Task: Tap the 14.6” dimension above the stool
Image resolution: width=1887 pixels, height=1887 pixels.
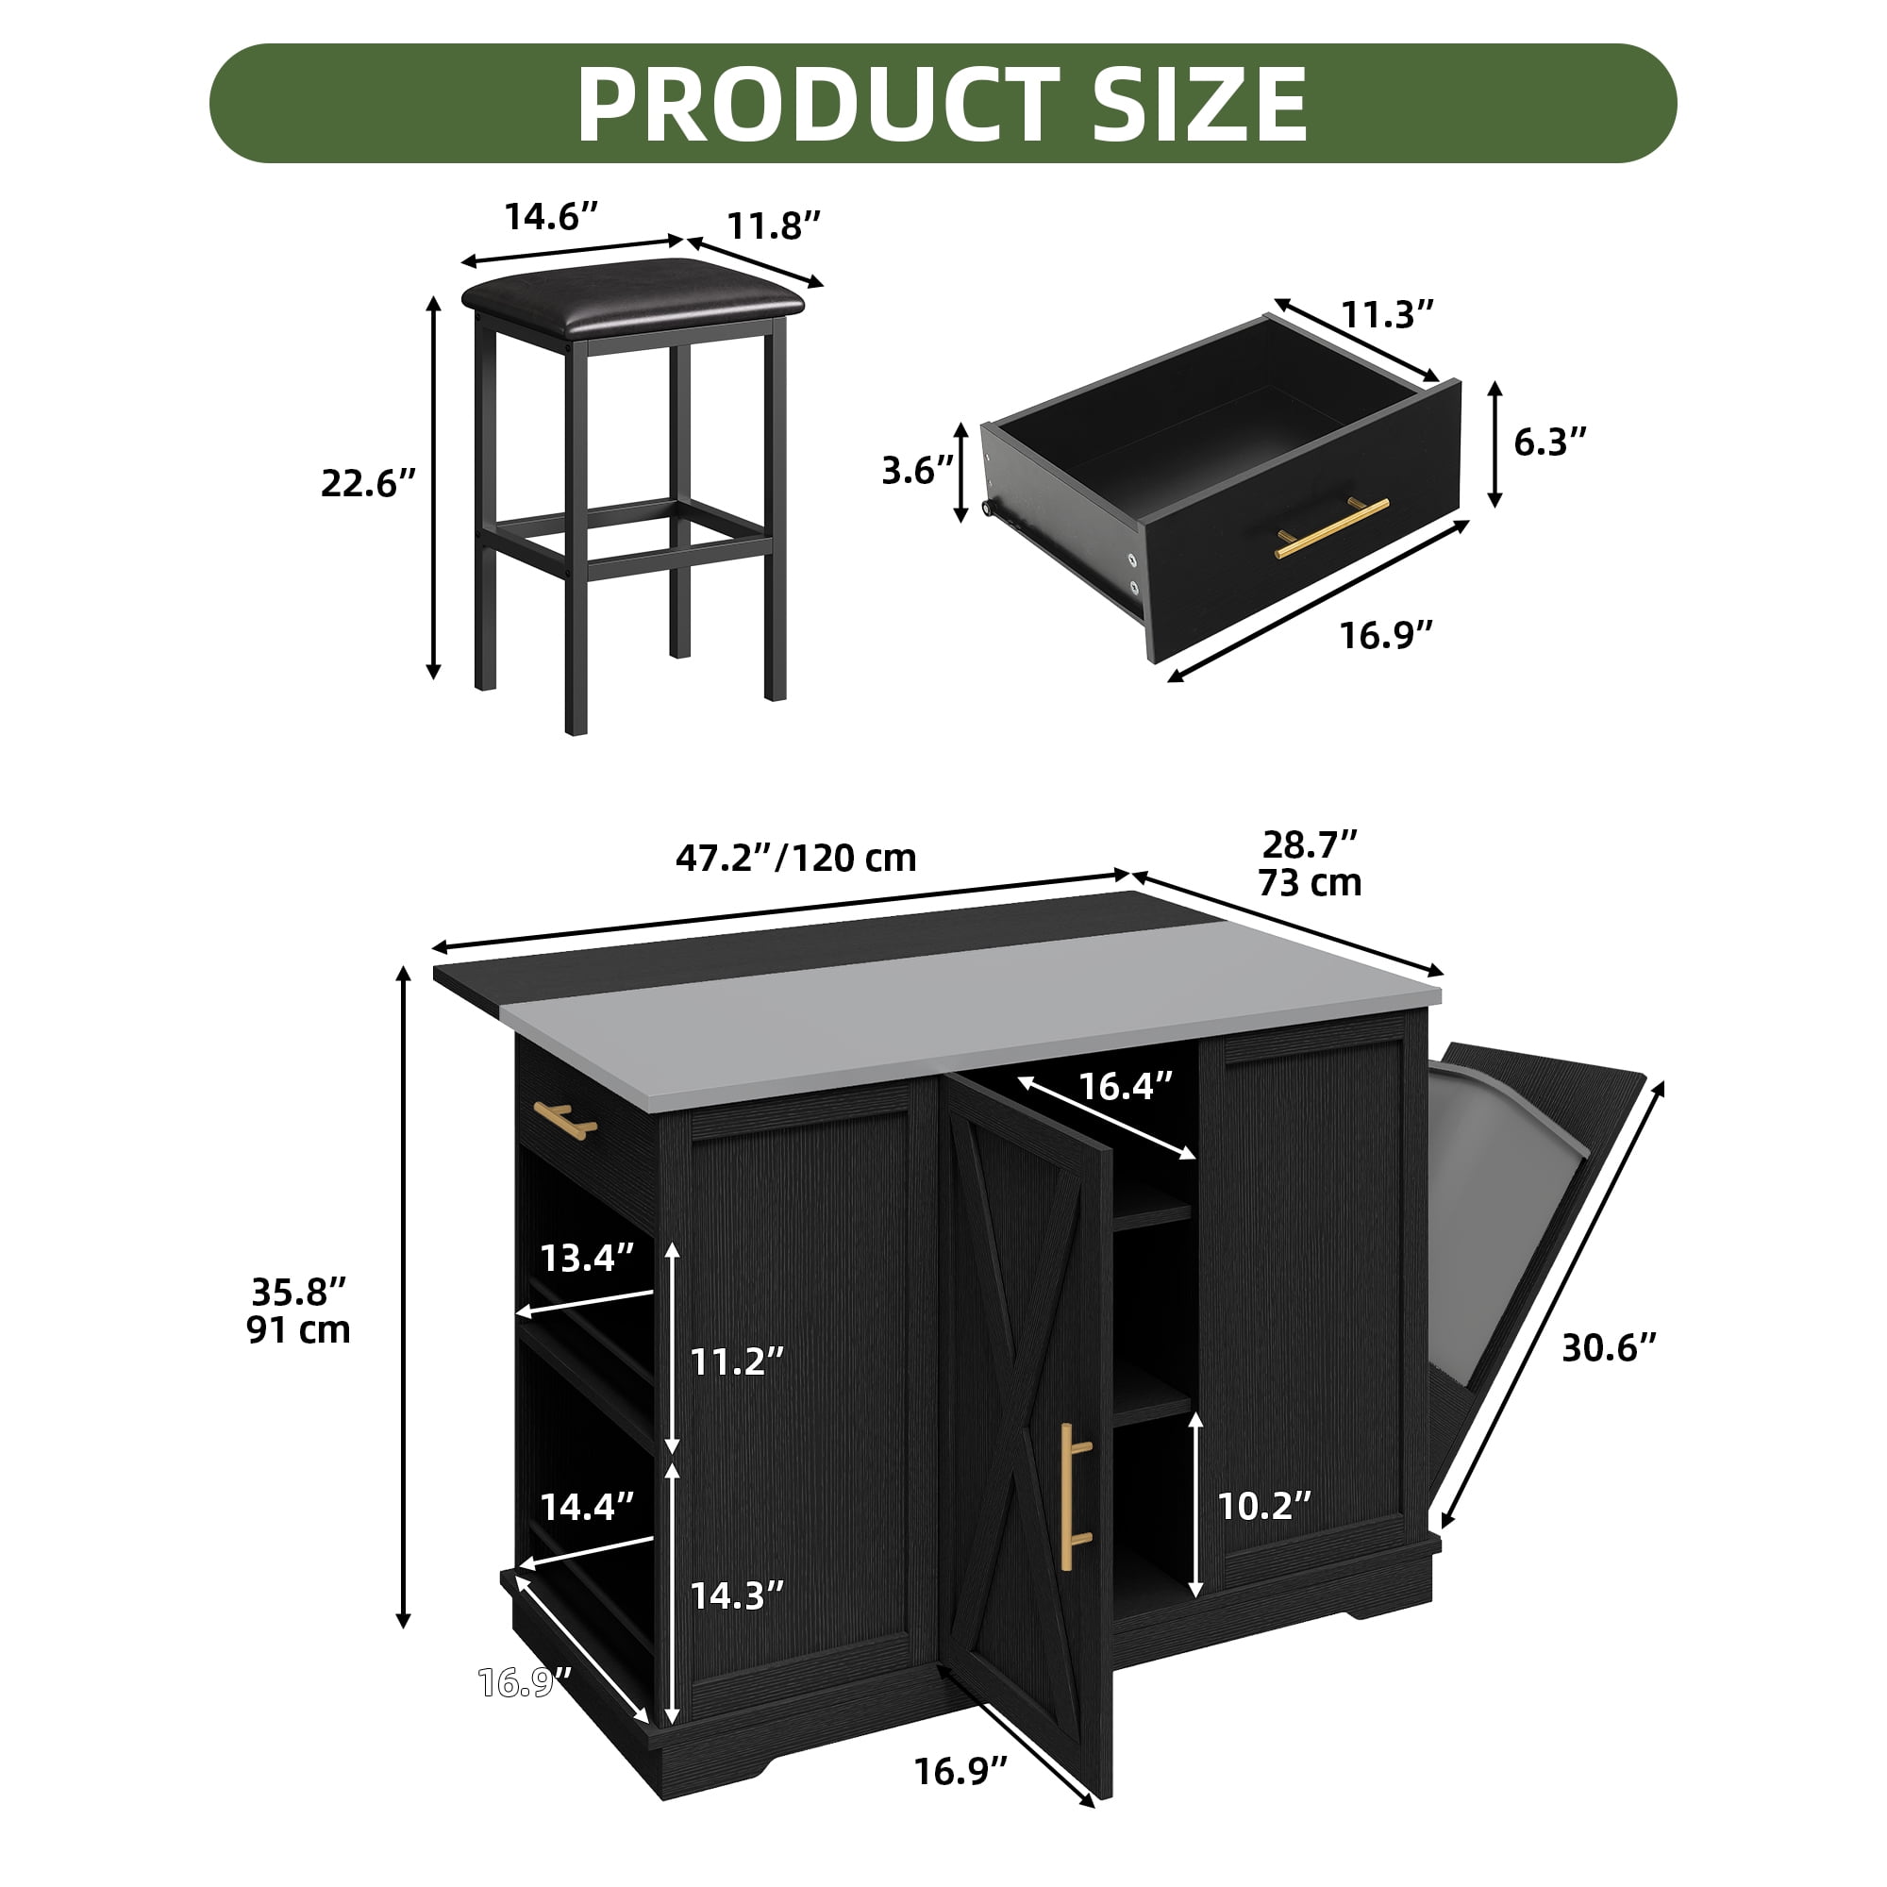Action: pos(550,216)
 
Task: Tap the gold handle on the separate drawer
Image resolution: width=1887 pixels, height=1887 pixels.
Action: pos(1331,527)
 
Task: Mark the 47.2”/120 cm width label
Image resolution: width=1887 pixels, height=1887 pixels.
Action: pos(796,858)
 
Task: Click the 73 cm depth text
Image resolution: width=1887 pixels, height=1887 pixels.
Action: pos(1310,882)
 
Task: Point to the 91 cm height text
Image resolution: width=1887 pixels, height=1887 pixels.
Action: pos(298,1329)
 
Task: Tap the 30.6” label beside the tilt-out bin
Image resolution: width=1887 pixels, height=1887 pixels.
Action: pos(1610,1348)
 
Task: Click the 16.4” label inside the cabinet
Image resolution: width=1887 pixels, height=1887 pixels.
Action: pos(1125,1085)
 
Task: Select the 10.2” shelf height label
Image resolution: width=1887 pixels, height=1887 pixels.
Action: pos(1264,1505)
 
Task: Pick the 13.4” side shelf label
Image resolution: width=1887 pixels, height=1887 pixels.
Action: pos(587,1257)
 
